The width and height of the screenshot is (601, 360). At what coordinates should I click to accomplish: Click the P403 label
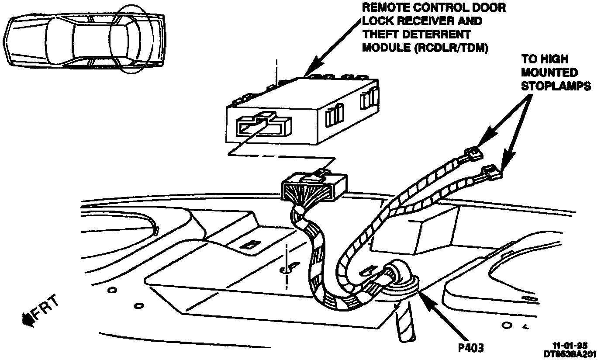[468, 348]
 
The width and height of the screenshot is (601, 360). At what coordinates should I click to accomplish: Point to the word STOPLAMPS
[556, 86]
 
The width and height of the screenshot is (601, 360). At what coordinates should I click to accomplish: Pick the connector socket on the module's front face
[262, 127]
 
